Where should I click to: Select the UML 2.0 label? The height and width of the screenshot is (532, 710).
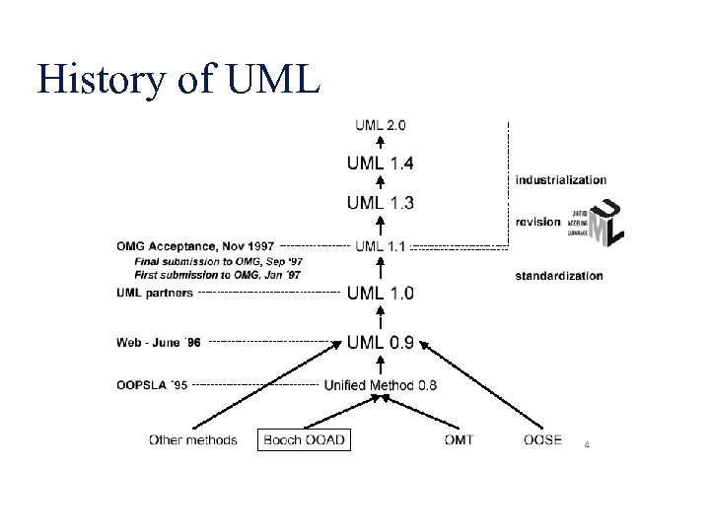381,125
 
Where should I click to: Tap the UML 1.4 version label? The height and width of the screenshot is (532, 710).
380,163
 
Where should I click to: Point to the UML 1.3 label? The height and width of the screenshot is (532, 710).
380,203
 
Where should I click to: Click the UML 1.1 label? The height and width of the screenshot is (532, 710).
380,245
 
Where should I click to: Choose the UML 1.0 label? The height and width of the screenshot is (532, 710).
380,293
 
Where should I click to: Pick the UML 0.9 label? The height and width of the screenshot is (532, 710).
380,343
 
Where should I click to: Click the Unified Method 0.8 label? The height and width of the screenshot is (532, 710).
380,385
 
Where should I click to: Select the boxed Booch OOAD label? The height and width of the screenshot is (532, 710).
305,439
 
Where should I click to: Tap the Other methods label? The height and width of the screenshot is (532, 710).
193,439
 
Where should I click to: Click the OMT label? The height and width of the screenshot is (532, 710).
459,439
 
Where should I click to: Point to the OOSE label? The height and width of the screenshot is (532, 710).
542,439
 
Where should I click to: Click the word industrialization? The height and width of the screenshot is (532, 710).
560,180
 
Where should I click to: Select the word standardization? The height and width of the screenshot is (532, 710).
558,276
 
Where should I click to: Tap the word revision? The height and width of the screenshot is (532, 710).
537,222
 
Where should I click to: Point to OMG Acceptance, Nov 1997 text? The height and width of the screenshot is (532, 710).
195,245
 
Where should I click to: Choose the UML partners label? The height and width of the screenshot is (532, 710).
155,293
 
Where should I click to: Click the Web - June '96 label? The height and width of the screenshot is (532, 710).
158,343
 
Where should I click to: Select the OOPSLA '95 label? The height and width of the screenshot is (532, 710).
151,385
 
